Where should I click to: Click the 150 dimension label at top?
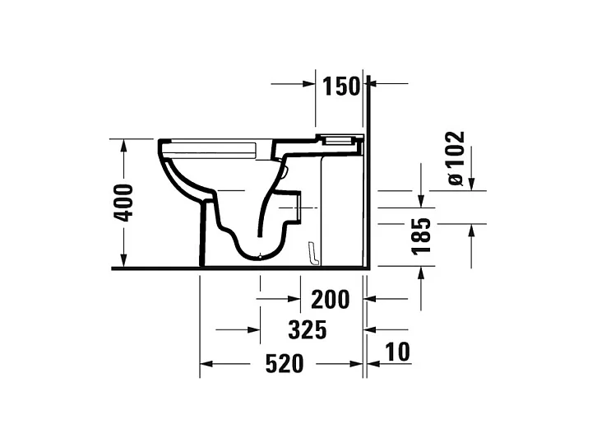[x=341, y=85]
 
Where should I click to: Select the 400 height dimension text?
[x=123, y=203]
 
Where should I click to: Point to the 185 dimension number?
[x=422, y=236]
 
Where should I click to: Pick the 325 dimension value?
[x=308, y=330]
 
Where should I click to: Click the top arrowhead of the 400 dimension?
[x=123, y=146]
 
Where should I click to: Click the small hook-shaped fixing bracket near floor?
[x=311, y=254]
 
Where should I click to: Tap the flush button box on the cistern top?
[x=340, y=138]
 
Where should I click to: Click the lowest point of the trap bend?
[x=261, y=256]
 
